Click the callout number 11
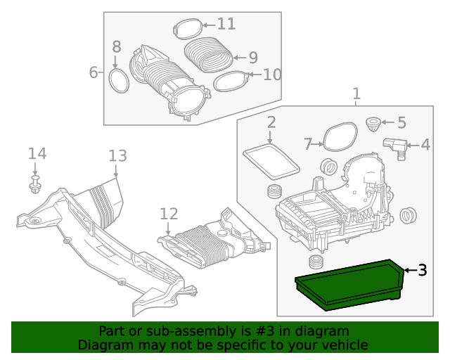[x=226, y=24]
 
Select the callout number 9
[x=252, y=58]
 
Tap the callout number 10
[x=271, y=73]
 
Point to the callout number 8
[x=117, y=47]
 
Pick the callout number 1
[x=356, y=94]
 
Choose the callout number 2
[x=271, y=123]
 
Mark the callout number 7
[x=308, y=144]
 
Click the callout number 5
[x=401, y=123]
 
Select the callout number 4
[x=425, y=145]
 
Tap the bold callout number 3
[x=422, y=270]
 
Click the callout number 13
[x=117, y=156]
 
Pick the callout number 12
[x=169, y=214]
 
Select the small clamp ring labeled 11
[x=186, y=29]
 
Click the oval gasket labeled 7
[x=341, y=135]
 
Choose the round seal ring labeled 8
[x=120, y=80]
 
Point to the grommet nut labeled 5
[x=373, y=125]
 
